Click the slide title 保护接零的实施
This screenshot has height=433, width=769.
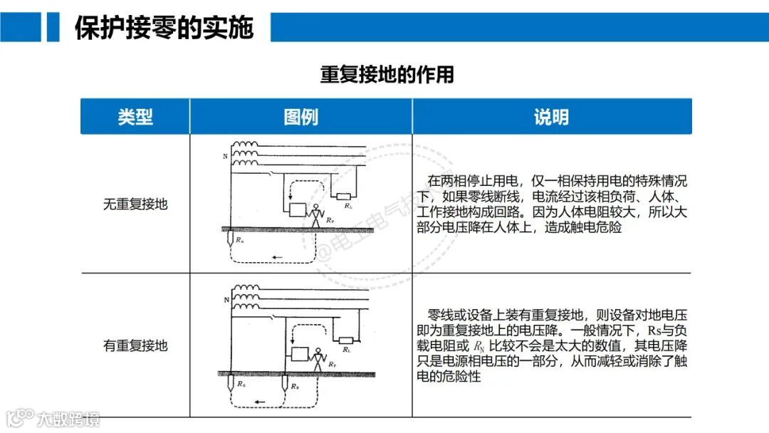click(164, 28)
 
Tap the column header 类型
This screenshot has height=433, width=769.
click(135, 117)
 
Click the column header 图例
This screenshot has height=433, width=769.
click(300, 117)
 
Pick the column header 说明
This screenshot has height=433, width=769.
click(551, 117)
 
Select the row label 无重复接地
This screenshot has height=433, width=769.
click(135, 204)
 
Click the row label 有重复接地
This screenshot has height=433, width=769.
click(135, 346)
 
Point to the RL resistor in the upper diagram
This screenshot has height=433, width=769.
click(345, 197)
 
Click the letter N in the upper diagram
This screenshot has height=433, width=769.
click(226, 156)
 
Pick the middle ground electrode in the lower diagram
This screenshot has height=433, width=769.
click(285, 382)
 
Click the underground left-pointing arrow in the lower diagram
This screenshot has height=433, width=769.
click(261, 403)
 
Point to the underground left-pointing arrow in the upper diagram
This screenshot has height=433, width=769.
click(277, 257)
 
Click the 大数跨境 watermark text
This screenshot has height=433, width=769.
click(69, 419)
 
